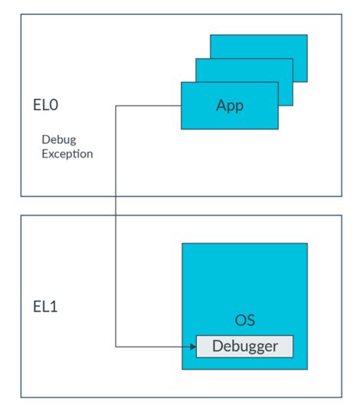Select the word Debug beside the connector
click(58, 140)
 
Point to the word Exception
click(67, 154)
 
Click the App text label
click(229, 106)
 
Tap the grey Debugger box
click(244, 346)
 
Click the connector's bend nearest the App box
click(116, 106)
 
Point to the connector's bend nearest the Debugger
click(116, 346)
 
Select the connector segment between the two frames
click(116, 205)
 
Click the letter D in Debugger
click(217, 346)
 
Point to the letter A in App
click(221, 106)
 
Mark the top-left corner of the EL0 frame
click(21, 13)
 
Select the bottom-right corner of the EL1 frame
click(342, 397)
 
